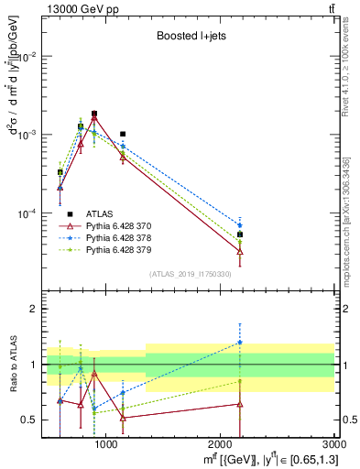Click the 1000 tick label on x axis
click(106, 445)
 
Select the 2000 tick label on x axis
click(221, 445)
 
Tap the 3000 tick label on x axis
click(330, 445)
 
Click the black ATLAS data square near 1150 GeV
click(123, 134)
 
